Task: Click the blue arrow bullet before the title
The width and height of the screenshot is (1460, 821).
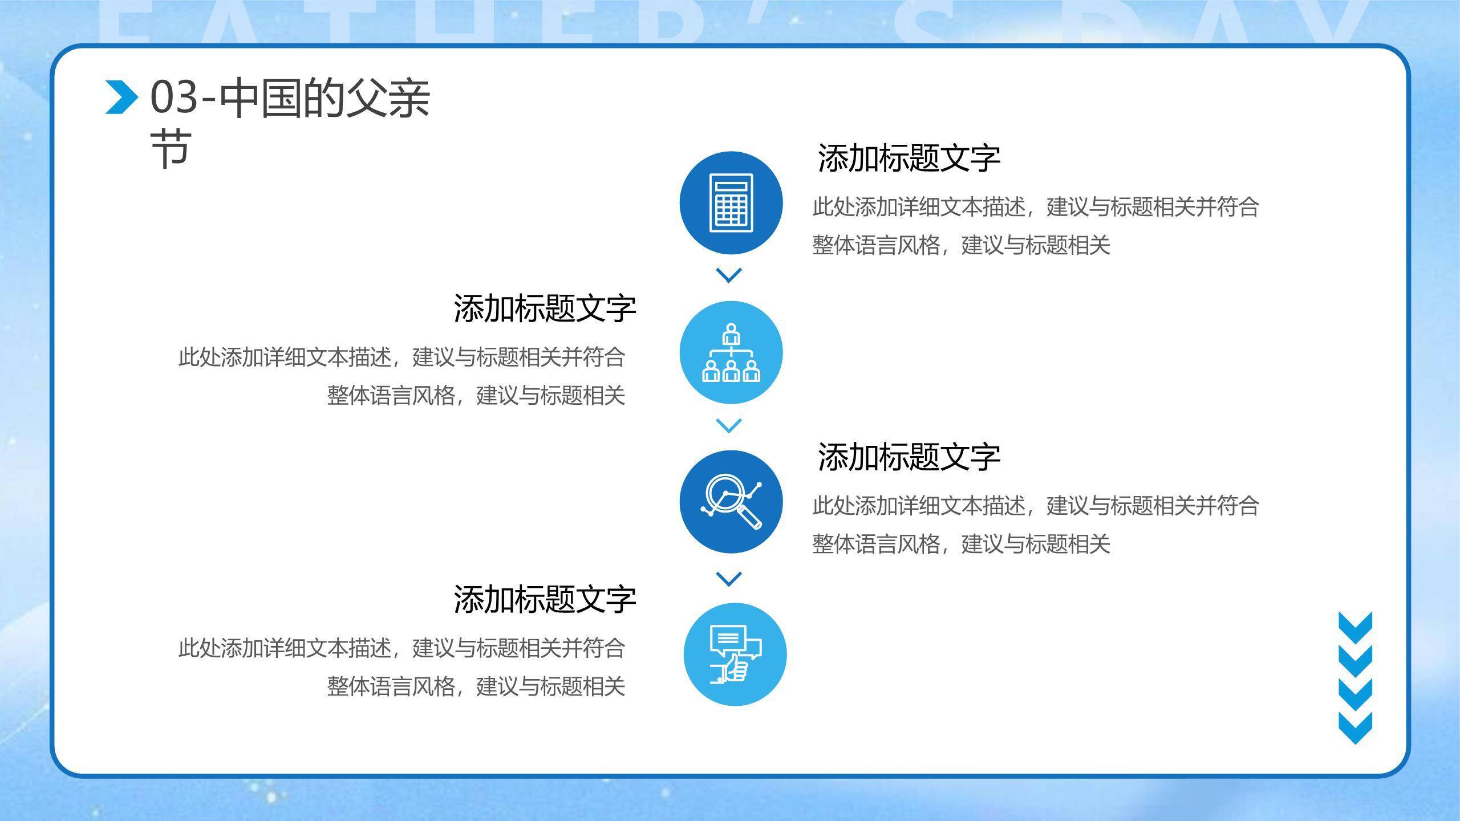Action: pyautogui.click(x=121, y=97)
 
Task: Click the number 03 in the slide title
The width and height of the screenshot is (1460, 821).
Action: pyautogui.click(x=173, y=98)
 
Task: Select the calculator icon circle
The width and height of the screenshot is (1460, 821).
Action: pyautogui.click(x=731, y=203)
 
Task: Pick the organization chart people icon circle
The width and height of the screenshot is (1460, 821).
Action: pyautogui.click(x=731, y=352)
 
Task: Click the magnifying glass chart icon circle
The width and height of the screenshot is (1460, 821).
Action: pyautogui.click(x=731, y=502)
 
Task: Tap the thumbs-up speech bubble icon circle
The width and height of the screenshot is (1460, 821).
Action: pyautogui.click(x=735, y=654)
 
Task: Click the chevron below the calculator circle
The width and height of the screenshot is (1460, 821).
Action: pyautogui.click(x=728, y=275)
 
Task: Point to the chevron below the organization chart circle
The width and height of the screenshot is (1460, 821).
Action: pyautogui.click(x=728, y=425)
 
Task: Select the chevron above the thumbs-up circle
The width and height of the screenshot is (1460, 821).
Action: pyautogui.click(x=728, y=579)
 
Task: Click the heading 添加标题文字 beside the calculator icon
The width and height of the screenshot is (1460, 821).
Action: pyautogui.click(x=909, y=158)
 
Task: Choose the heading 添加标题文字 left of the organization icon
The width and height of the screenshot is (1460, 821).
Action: pyautogui.click(x=545, y=308)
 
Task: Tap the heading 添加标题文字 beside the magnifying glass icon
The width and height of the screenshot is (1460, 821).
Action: pyautogui.click(x=909, y=457)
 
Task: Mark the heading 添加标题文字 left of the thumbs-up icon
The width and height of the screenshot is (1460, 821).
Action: pyautogui.click(x=545, y=599)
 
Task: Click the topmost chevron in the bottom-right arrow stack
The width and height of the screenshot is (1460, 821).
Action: pyautogui.click(x=1355, y=626)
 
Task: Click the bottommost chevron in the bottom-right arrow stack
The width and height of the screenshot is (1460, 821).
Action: pyautogui.click(x=1355, y=728)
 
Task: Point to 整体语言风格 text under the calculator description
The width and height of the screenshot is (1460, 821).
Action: pyautogui.click(x=876, y=246)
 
